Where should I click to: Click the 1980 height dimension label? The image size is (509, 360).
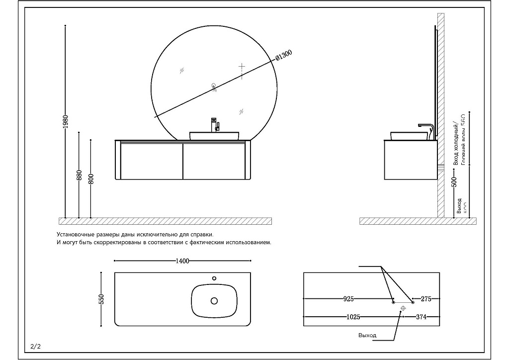pos(66,121)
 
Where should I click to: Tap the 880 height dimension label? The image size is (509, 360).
pos(79,175)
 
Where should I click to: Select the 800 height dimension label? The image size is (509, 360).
pos(90,178)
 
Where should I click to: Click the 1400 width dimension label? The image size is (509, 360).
pos(182,261)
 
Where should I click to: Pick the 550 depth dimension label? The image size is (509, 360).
pos(101,299)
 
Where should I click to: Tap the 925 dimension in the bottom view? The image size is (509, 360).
pos(348,299)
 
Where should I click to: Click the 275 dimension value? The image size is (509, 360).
pos(426,299)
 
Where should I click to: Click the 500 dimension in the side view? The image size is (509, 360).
pos(453,181)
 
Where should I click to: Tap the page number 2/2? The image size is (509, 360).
pos(35,347)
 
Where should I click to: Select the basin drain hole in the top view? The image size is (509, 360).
pos(214,301)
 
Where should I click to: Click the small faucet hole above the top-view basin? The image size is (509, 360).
pos(214,278)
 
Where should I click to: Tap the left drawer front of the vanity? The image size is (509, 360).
pos(151,161)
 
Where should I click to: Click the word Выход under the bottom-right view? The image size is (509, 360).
pos(367,336)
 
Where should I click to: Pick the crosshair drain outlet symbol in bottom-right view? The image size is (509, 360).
pos(403,308)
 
